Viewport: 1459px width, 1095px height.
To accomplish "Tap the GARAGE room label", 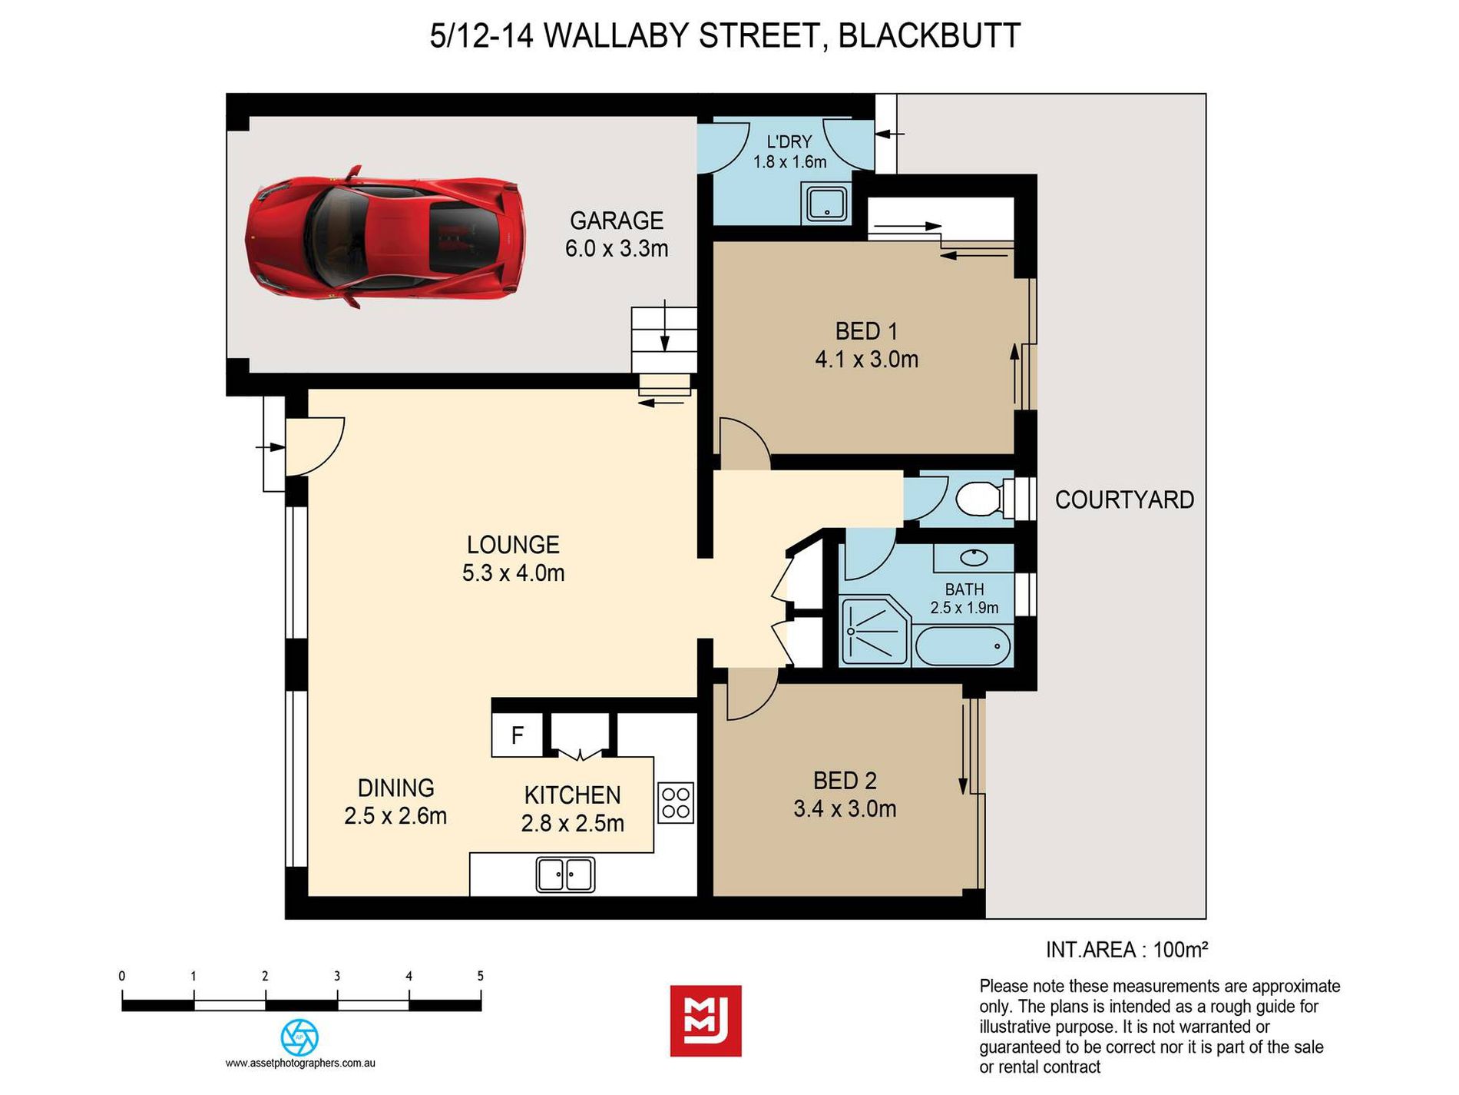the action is tap(617, 221).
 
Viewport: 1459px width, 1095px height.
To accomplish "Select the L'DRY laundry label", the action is tap(789, 142).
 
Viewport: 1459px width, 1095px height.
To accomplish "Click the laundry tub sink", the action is tap(825, 204).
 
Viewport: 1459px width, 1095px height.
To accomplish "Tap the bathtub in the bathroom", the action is tap(963, 646).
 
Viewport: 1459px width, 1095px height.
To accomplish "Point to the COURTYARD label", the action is tap(1124, 500).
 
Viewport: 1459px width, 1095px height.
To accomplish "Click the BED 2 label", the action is tap(845, 781).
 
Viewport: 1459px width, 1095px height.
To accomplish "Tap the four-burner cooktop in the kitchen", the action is tap(677, 803).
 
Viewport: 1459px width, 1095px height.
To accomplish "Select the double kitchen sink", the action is tap(566, 874).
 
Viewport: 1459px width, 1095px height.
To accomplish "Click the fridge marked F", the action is tap(518, 735).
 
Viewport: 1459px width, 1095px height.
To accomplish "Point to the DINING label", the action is tap(396, 788).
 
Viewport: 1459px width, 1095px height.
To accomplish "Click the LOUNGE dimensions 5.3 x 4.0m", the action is tap(514, 573).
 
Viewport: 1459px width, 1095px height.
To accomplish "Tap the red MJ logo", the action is tap(706, 1020).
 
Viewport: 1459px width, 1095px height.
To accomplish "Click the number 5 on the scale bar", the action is tap(481, 977).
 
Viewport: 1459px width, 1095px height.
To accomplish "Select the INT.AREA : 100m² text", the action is tap(1127, 951).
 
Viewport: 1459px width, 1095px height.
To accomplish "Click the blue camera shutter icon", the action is tap(299, 1037).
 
